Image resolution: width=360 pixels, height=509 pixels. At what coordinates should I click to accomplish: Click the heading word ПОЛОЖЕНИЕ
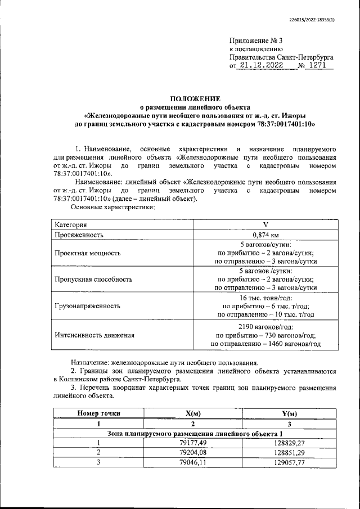pyautogui.click(x=179, y=98)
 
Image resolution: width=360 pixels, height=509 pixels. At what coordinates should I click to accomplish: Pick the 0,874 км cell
pyautogui.click(x=258, y=235)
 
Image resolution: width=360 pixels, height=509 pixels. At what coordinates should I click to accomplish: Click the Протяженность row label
pyautogui.click(x=80, y=235)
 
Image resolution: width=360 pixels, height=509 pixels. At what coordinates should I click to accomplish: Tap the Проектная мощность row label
pyautogui.click(x=88, y=253)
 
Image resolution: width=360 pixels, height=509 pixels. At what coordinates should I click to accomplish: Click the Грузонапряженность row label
pyautogui.click(x=88, y=307)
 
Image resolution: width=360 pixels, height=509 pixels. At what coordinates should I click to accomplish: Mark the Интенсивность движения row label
pyautogui.click(x=94, y=335)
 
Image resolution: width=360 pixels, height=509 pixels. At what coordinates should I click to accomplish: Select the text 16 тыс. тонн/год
pyautogui.click(x=265, y=298)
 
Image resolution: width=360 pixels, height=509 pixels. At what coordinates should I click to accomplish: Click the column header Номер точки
pyautogui.click(x=98, y=413)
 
